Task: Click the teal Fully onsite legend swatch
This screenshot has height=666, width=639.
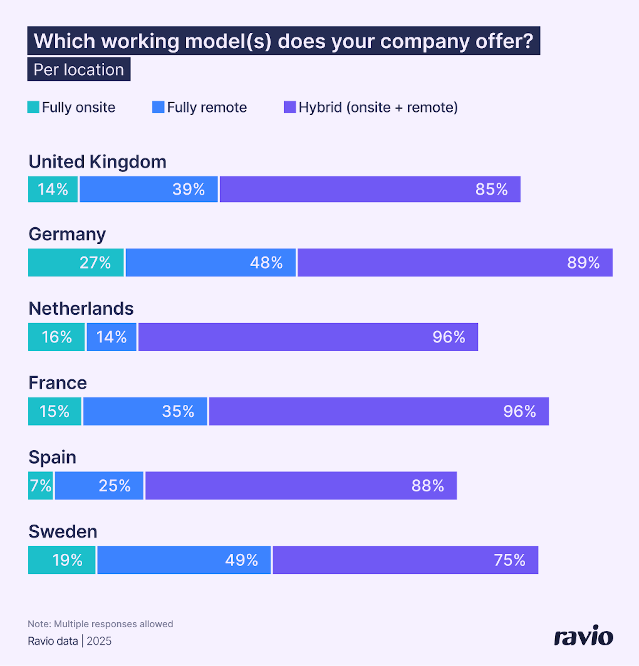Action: point(33,107)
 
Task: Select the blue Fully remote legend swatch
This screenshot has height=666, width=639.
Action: point(158,107)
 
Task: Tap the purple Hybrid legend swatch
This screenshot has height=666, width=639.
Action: point(290,107)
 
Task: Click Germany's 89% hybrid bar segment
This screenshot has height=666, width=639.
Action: point(455,263)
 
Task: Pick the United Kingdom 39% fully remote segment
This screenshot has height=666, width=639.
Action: point(149,189)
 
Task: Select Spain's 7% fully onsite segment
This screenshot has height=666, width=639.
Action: point(41,485)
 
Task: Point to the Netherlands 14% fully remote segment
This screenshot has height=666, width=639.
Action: point(112,337)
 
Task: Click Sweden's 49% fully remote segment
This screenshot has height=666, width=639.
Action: point(184,560)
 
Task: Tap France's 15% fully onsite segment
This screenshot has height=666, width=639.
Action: point(55,411)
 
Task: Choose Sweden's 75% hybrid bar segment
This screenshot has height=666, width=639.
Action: point(405,560)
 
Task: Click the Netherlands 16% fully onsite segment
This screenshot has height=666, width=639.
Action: point(56,337)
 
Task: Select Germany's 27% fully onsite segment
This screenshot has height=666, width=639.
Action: point(76,263)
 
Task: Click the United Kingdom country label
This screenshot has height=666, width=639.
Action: point(98,162)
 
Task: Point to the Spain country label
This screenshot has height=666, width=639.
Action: point(52,457)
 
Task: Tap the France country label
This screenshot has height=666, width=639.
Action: point(58,383)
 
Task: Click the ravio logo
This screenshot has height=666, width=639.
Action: point(583,636)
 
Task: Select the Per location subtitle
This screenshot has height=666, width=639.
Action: point(79,70)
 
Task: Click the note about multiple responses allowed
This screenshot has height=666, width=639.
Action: point(100,624)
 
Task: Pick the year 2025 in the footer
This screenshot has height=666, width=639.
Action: point(99,641)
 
